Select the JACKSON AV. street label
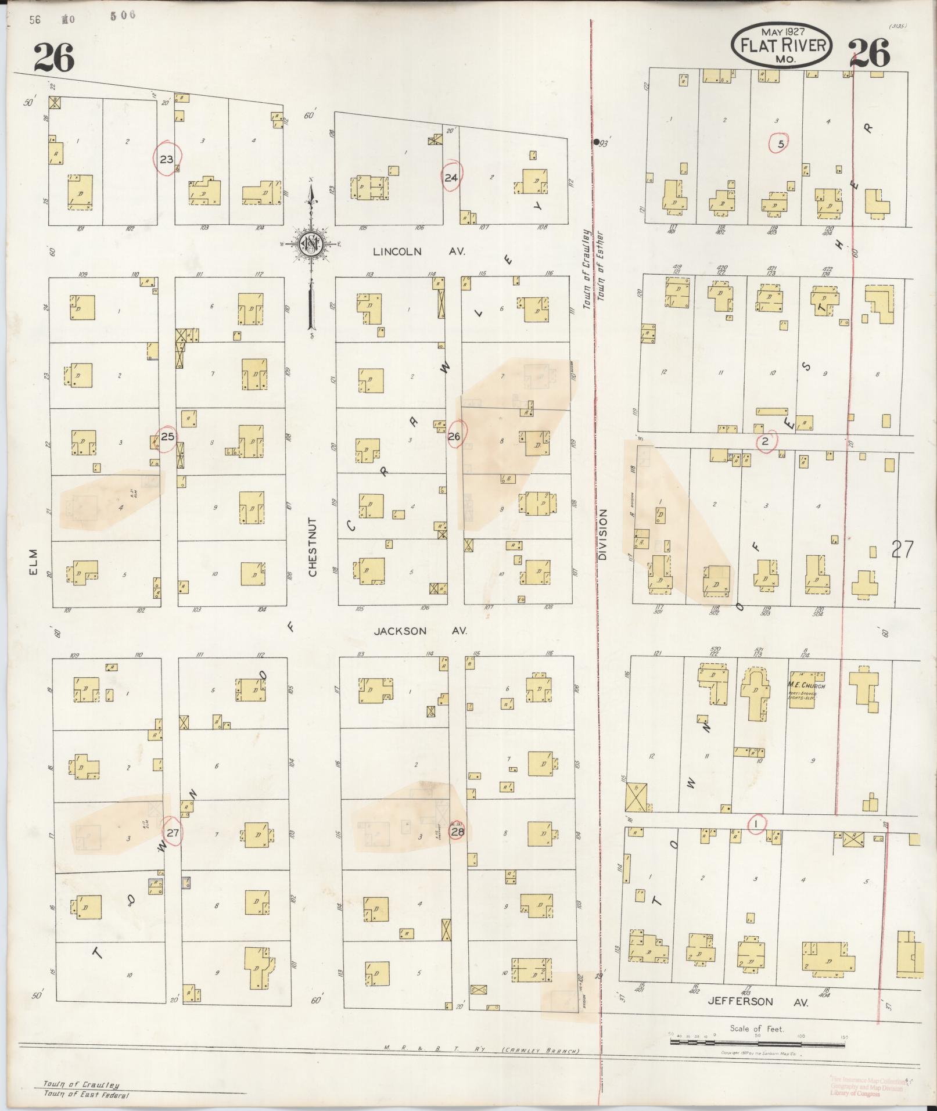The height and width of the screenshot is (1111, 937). click(x=420, y=631)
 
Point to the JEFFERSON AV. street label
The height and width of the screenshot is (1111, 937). click(x=758, y=1001)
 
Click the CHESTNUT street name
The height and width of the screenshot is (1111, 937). click(x=313, y=547)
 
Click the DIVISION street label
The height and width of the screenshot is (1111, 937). click(x=602, y=534)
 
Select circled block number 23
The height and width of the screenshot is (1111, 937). click(x=167, y=159)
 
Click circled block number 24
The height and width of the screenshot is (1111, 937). click(x=451, y=178)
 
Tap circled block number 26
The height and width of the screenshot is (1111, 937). click(x=454, y=436)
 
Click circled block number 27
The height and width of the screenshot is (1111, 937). click(x=173, y=832)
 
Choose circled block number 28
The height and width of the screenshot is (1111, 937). click(x=458, y=832)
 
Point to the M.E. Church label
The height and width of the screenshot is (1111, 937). click(x=806, y=686)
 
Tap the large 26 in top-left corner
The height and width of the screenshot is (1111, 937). click(x=55, y=57)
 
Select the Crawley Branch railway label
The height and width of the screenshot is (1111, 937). click(x=540, y=1051)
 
